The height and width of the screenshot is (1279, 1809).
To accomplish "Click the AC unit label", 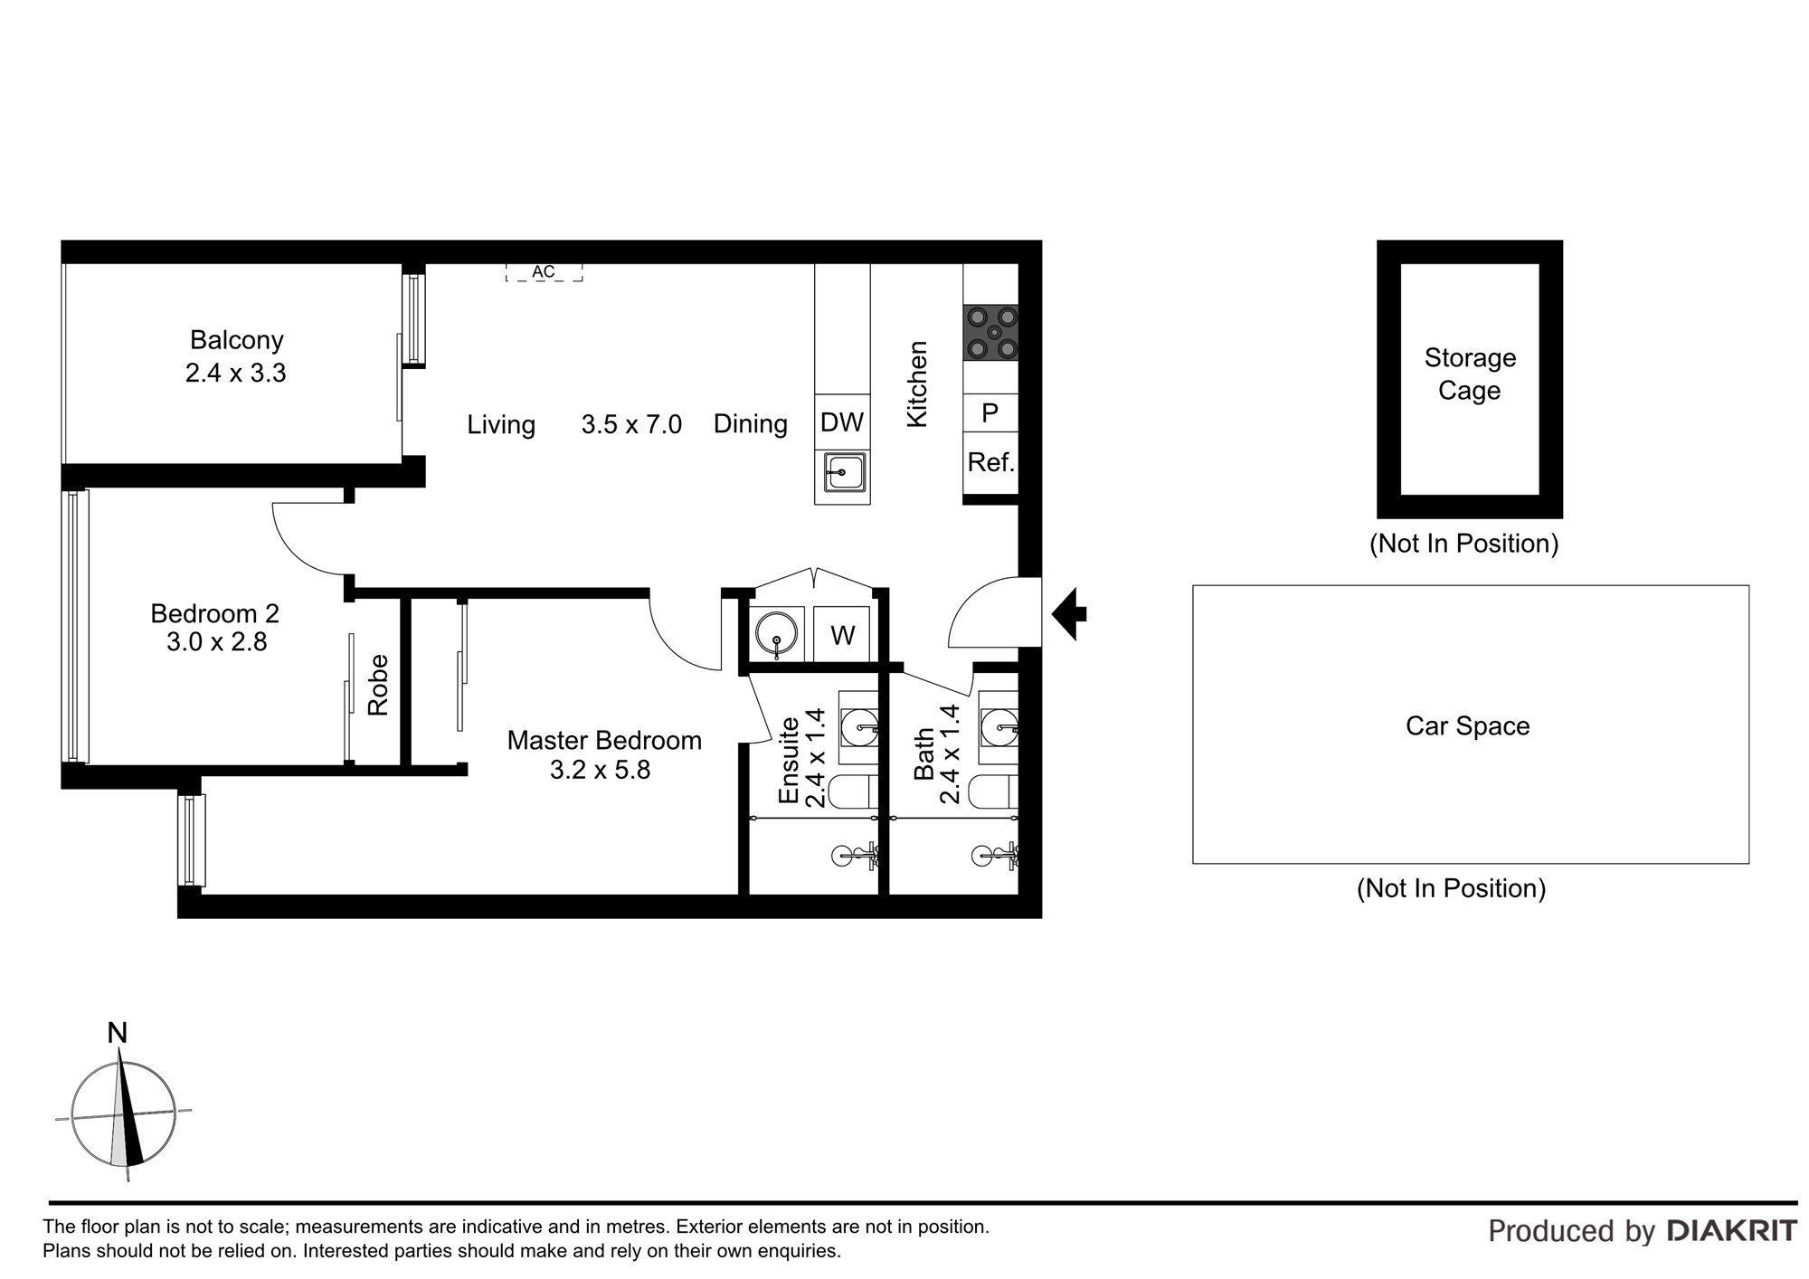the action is point(543,271).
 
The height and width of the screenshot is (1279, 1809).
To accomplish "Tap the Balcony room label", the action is point(236,340).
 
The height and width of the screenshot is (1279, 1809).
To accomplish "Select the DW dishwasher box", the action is point(842,422).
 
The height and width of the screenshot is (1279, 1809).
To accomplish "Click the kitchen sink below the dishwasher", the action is point(843,472).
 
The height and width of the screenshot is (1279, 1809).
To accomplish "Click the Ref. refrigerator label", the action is point(991,462).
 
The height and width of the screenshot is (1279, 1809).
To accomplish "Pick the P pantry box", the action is point(990,413).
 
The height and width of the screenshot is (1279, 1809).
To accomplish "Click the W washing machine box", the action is point(842,635).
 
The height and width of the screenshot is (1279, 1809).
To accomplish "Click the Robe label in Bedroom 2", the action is point(378,685).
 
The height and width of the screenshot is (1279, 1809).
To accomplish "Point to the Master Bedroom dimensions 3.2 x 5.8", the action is point(601,770).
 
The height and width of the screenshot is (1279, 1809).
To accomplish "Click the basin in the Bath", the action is point(999,724).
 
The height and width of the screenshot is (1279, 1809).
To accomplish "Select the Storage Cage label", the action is point(1470,374).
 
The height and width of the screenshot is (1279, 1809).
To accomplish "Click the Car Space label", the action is point(1467,725).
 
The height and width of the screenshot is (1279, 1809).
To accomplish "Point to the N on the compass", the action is point(118,1032).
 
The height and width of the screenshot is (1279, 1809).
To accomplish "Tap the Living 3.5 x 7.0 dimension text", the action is point(631,424).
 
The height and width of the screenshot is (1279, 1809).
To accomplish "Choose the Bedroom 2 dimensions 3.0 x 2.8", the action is point(217,642).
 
